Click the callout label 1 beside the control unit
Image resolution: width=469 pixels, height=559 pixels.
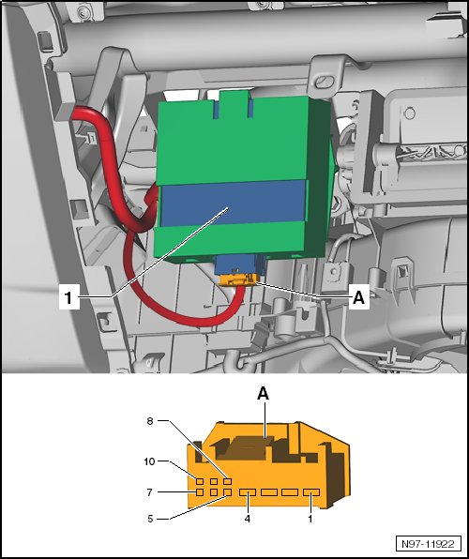point(68,298)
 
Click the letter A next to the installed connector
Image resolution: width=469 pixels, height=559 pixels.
point(358,297)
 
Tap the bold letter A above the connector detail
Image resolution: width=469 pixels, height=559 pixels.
point(263,394)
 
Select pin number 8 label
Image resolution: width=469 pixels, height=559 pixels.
point(150,421)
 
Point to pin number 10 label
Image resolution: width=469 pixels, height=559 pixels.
point(150,461)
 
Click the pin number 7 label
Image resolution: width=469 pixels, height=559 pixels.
point(150,492)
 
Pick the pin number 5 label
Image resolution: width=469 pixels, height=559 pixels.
point(150,519)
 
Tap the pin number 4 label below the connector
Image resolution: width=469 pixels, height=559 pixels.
point(248,519)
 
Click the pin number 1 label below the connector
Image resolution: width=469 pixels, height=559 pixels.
point(310,519)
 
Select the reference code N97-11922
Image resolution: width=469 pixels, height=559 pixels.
point(428,544)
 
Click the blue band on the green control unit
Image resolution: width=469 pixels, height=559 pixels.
point(232,204)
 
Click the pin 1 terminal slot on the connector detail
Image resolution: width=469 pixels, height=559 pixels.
point(311,492)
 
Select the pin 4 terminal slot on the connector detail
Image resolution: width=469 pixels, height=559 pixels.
point(248,492)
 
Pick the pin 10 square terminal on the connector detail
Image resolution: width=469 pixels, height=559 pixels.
point(200,482)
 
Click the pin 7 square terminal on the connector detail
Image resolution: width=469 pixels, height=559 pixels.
point(200,492)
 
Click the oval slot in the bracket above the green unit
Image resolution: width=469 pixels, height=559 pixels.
point(325,82)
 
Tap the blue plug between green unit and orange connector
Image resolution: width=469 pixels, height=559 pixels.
point(240,264)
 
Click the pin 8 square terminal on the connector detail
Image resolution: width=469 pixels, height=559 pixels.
point(228,482)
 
